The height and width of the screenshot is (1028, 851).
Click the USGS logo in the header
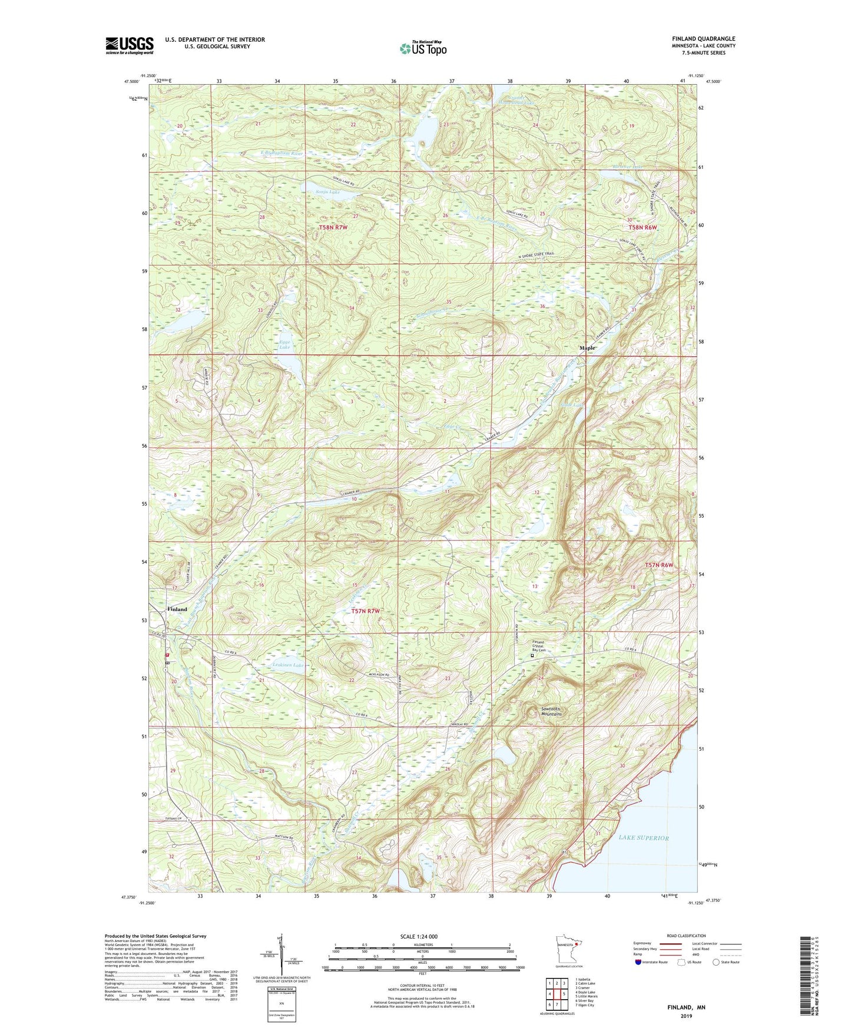(x=130, y=45)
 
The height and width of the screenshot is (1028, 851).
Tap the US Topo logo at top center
(x=422, y=48)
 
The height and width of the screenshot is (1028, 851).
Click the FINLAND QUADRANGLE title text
(x=703, y=39)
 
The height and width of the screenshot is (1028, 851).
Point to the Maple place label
(x=588, y=348)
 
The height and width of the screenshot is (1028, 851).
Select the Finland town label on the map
(x=177, y=609)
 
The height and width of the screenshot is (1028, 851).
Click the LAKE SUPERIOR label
(x=644, y=838)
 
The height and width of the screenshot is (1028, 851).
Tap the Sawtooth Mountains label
(x=551, y=711)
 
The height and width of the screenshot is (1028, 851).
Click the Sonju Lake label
(x=327, y=192)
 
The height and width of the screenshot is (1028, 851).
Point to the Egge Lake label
(x=285, y=344)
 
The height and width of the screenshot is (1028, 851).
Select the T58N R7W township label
(x=333, y=227)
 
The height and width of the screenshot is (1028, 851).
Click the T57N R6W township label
(x=658, y=565)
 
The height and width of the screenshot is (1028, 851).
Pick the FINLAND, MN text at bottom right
(x=686, y=1007)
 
